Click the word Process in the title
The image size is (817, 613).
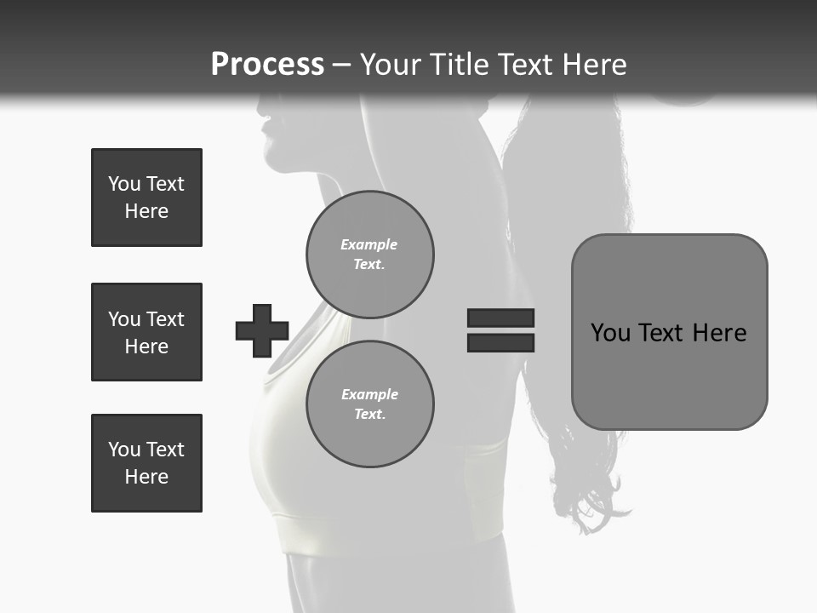267,65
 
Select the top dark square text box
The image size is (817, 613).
146,198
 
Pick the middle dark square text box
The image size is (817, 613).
146,332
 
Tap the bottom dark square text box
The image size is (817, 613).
146,463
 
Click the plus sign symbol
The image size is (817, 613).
262,330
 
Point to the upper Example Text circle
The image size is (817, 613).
370,255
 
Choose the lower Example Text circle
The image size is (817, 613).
370,404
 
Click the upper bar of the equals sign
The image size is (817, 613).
500,318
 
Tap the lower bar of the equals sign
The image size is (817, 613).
500,342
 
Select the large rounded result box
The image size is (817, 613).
669,331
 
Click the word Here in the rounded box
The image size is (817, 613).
719,332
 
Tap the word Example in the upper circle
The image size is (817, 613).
369,244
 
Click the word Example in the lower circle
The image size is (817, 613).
369,394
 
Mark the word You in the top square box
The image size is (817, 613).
124,184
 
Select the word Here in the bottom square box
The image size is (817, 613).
146,477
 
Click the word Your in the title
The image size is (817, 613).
390,65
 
